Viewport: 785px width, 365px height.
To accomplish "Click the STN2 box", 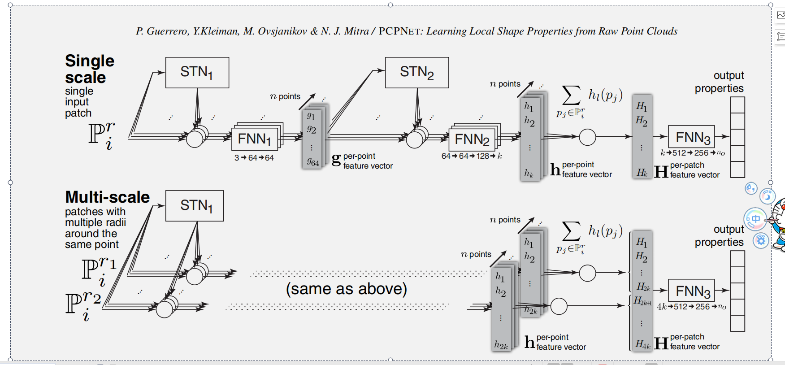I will coord(416,72).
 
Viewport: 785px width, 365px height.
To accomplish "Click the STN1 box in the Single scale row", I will coord(197,72).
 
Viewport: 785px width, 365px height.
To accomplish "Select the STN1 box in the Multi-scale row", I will coord(194,205).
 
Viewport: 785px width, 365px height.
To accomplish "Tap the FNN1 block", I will coord(254,139).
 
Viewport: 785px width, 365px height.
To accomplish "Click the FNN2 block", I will coord(472,139).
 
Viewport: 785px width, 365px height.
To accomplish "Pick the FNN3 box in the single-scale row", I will coord(691,137).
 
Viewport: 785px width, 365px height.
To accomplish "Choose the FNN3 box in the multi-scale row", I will coord(691,291).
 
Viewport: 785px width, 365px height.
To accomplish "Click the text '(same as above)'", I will coord(346,289).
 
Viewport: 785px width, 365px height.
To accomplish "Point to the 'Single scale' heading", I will coord(89,69).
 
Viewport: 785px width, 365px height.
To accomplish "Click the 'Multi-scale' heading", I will coord(107,197).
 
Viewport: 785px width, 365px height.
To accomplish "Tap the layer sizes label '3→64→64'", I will coord(254,158).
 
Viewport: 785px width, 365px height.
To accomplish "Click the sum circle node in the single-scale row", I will coord(587,137).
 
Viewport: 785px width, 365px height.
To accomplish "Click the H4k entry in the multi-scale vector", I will coord(642,344).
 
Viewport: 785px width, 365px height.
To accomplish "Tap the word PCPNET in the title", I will coord(399,31).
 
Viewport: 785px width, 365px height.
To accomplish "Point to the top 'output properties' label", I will coord(719,82).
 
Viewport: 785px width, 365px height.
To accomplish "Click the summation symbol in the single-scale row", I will coord(571,95).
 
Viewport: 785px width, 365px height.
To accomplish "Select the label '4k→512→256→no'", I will coord(691,307).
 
